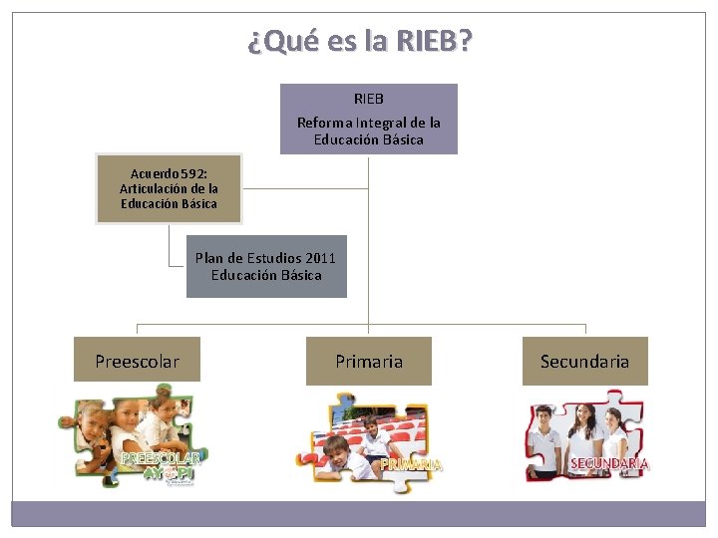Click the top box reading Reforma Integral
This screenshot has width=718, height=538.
(368, 119)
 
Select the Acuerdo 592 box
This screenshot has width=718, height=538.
(169, 188)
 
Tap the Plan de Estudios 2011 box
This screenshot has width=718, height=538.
(266, 266)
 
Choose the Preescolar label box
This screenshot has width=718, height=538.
(137, 361)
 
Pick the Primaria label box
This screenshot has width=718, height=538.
(369, 361)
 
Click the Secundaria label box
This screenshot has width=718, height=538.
(584, 361)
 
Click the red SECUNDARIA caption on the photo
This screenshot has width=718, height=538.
(608, 463)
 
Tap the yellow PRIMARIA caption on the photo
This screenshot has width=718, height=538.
(411, 464)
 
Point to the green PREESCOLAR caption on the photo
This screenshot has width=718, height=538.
(160, 458)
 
